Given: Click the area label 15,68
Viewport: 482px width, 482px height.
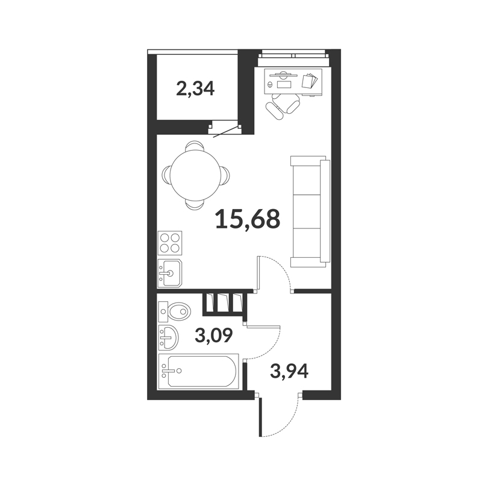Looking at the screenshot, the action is pos(248,219).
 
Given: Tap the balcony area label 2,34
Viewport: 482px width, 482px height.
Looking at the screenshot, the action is pos(195,89).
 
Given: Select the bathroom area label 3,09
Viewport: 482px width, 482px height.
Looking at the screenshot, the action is pos(214,336).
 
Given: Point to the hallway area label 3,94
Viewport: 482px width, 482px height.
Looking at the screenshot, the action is pos(289,371).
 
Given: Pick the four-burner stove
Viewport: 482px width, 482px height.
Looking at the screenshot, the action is pos(170,243).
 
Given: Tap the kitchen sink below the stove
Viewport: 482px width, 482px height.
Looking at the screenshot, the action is pos(170,273).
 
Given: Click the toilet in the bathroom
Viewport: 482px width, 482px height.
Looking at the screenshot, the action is pos(174,311).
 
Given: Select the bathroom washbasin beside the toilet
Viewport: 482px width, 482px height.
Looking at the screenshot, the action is pos(169,337).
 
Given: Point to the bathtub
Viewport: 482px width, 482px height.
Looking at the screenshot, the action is pos(199,371).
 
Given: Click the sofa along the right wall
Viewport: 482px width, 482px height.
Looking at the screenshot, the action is pos(310,211).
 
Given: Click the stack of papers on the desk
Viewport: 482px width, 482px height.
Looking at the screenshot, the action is pos(309,81).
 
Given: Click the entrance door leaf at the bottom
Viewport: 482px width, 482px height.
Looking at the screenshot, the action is pos(260,417).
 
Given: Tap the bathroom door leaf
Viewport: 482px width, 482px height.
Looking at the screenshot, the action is pos(263,327).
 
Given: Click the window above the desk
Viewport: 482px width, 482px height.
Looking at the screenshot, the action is pos(293,55).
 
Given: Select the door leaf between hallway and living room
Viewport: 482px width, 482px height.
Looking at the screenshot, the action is pos(259,273).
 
